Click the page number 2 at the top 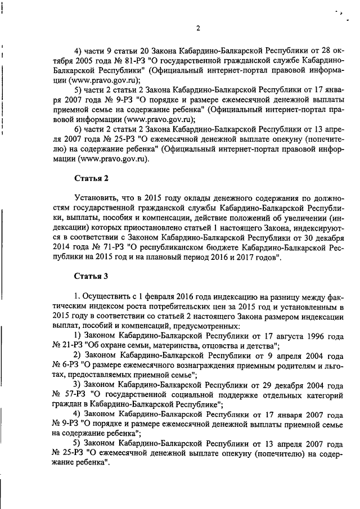click(x=198, y=29)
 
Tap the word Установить click(x=98, y=198)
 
